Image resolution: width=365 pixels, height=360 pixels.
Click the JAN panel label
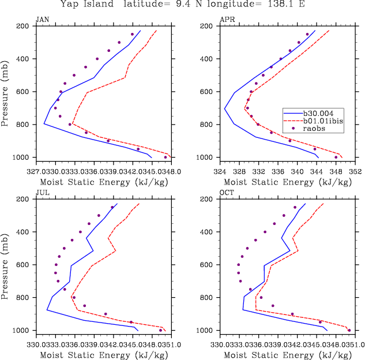pos(42,20)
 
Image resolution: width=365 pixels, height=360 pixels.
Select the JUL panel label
pos(42,193)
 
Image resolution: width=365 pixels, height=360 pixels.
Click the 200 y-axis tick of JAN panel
pos(24,27)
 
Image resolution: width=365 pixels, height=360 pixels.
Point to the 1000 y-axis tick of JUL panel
pos(21,331)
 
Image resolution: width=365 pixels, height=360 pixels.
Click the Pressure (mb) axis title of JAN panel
pos(5,92)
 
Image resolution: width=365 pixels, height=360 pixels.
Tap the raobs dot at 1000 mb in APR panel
pos(336,157)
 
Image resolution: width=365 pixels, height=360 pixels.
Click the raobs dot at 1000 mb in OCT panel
pos(349,330)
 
